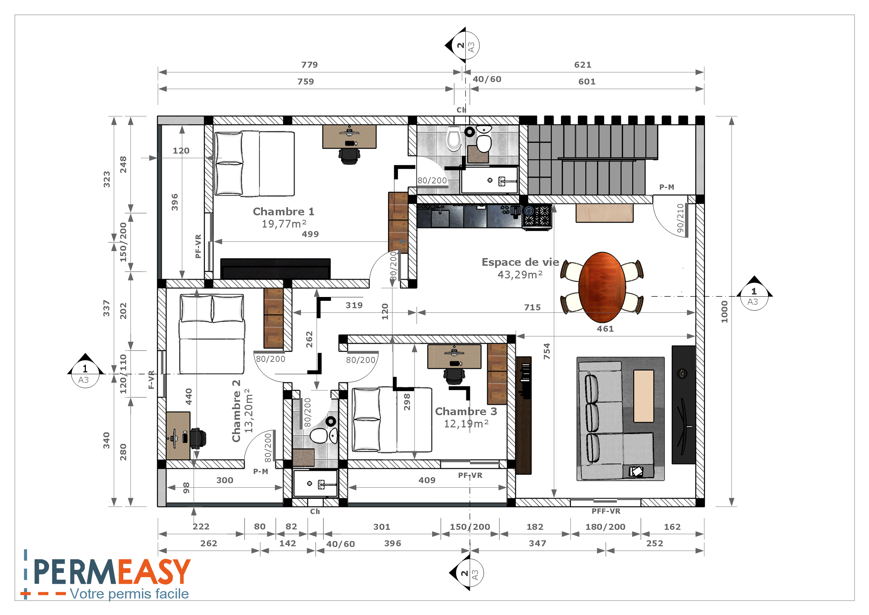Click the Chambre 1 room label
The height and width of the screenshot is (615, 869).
click(x=283, y=211)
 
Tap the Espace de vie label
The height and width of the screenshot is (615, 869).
click(x=520, y=262)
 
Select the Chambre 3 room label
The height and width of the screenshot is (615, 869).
click(x=466, y=411)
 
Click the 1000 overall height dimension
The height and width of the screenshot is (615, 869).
click(x=724, y=312)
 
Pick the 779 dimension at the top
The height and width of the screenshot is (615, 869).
click(x=310, y=65)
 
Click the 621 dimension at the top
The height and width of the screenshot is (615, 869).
click(x=582, y=65)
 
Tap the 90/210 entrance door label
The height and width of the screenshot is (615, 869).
click(x=680, y=218)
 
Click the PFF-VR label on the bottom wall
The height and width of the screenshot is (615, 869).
click(x=606, y=511)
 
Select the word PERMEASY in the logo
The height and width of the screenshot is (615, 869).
click(x=112, y=572)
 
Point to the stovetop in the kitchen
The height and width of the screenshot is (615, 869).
click(x=537, y=217)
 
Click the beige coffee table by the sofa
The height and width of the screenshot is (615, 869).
click(x=643, y=396)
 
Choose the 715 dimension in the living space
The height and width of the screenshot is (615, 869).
click(x=532, y=307)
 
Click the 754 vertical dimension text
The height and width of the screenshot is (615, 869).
click(x=547, y=351)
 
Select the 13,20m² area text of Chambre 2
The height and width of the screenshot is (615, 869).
click(x=249, y=411)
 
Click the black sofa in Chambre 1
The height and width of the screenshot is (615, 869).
click(x=275, y=269)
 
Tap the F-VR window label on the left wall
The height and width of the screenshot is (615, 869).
click(x=151, y=380)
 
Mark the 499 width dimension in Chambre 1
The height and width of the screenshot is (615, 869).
click(x=310, y=234)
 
